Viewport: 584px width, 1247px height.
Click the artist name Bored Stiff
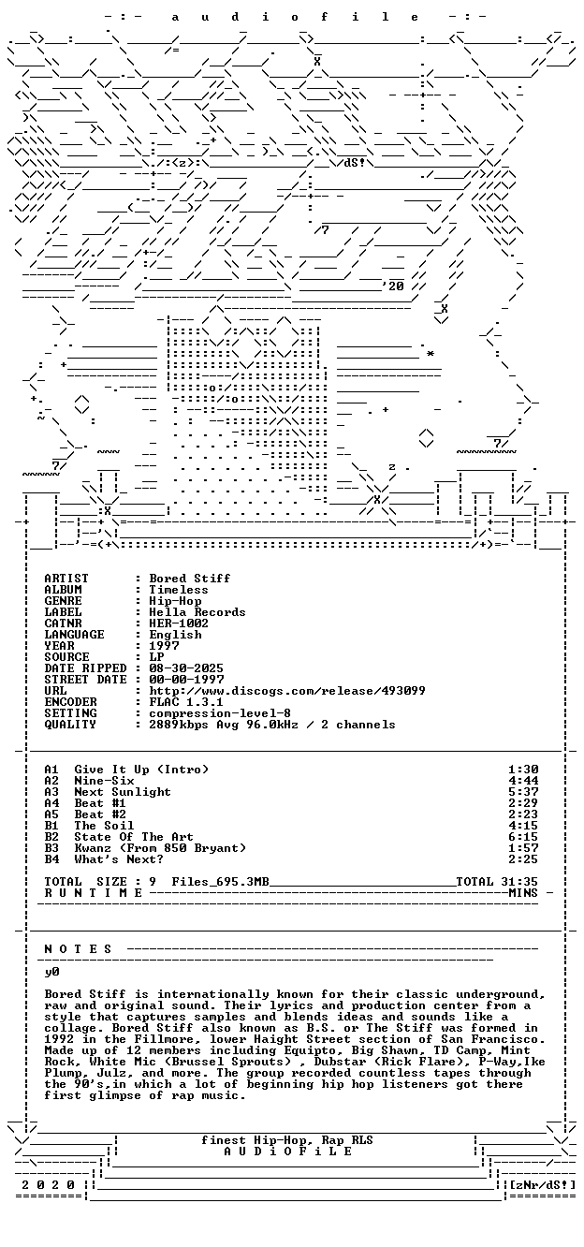tap(189, 579)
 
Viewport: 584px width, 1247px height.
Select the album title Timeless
tap(178, 590)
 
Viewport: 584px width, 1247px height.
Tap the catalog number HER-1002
tap(178, 623)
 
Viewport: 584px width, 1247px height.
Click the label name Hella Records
tap(197, 612)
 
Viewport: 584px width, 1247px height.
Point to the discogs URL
tap(286, 690)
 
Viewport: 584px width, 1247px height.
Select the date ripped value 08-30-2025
tap(186, 668)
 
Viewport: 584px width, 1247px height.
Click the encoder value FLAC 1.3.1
tap(186, 701)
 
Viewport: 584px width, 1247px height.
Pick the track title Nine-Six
tap(104, 781)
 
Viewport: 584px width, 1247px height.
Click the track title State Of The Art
tap(134, 837)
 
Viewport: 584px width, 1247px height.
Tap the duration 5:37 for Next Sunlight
tap(523, 792)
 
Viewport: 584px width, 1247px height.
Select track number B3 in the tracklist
tap(51, 848)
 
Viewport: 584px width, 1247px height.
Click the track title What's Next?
tap(119, 859)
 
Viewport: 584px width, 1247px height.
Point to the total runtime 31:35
tap(523, 882)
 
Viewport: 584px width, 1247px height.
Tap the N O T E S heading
tap(78, 949)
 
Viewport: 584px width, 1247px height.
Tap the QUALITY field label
tap(70, 725)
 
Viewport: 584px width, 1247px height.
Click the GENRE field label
tap(63, 601)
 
